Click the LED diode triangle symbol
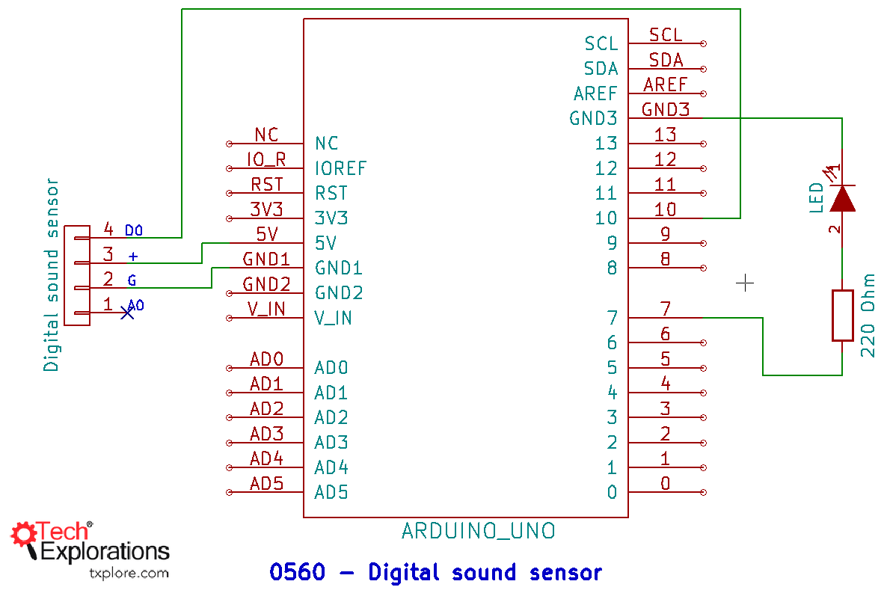(x=842, y=199)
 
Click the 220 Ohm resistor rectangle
(x=842, y=316)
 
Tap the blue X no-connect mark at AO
(x=127, y=313)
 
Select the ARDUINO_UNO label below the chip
(x=478, y=531)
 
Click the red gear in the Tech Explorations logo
(x=23, y=534)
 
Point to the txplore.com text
(x=129, y=574)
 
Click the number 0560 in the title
(x=297, y=573)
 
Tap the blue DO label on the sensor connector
(x=134, y=230)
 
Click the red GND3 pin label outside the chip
(x=665, y=110)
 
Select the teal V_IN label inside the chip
(x=333, y=318)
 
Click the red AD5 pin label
(x=266, y=483)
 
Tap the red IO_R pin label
(x=266, y=159)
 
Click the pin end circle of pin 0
(x=704, y=492)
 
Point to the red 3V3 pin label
(x=266, y=209)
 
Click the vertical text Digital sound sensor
(x=51, y=274)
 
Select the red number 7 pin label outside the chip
(x=665, y=309)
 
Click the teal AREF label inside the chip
(x=595, y=93)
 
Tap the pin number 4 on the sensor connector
(x=108, y=229)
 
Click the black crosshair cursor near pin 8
(x=745, y=283)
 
